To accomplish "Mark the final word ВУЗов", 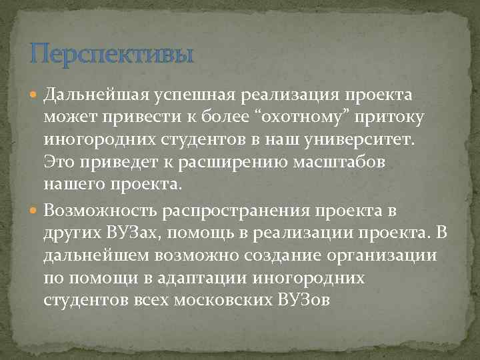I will tap(301, 301).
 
